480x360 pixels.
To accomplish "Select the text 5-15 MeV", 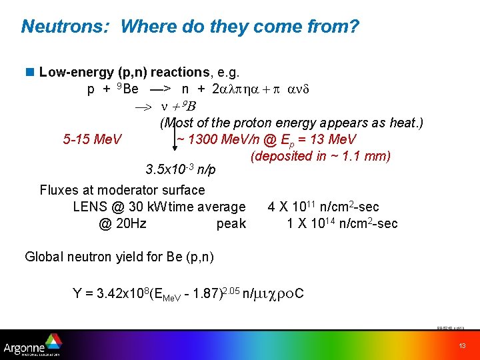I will (x=92, y=139).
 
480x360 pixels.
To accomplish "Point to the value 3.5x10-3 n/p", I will (x=180, y=169).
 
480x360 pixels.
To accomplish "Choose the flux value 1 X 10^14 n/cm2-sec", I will (x=342, y=223).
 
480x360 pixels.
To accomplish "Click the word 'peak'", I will (x=231, y=224).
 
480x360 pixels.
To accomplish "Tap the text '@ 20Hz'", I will (x=122, y=224).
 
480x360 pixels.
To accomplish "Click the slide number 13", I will (x=462, y=345).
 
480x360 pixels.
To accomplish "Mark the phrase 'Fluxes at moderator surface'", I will (x=122, y=190).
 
